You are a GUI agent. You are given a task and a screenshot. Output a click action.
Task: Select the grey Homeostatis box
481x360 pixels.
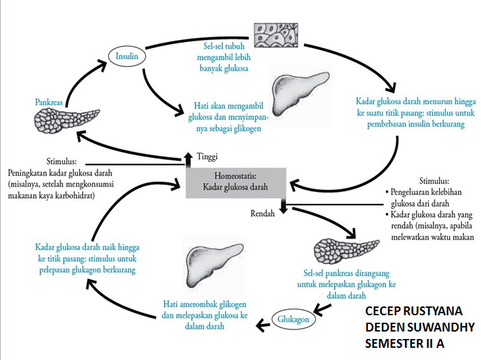point(236,183)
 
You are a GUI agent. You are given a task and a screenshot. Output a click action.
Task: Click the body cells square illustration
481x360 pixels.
point(276,35)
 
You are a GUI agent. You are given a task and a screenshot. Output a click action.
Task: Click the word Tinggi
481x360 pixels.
point(207,157)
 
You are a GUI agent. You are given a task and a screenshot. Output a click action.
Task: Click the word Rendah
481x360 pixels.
point(263,214)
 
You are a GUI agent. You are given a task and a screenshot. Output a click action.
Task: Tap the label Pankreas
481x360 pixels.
point(49,102)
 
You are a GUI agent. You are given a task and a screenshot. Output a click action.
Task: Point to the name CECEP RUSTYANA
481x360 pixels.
point(414,311)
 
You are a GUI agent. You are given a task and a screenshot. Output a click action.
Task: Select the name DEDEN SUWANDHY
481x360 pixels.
point(420,327)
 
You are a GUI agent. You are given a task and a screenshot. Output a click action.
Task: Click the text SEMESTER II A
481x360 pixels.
point(404,344)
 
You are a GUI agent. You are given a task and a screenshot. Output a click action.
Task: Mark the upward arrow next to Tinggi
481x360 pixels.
point(188,159)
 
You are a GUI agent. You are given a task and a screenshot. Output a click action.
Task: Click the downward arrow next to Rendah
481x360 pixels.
point(283,205)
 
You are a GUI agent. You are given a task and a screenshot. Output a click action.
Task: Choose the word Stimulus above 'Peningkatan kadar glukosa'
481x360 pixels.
point(62,161)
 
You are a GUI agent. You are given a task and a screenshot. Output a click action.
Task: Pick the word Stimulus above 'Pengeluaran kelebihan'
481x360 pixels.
point(434,180)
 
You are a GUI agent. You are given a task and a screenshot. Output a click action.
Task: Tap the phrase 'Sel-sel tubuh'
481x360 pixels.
point(224,46)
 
